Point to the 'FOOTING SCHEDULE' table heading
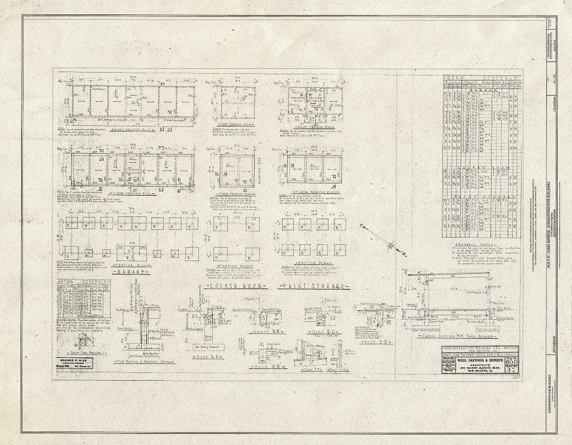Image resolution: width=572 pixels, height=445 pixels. pos(83,281)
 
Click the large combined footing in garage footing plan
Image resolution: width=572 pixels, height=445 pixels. pos(131,253)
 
